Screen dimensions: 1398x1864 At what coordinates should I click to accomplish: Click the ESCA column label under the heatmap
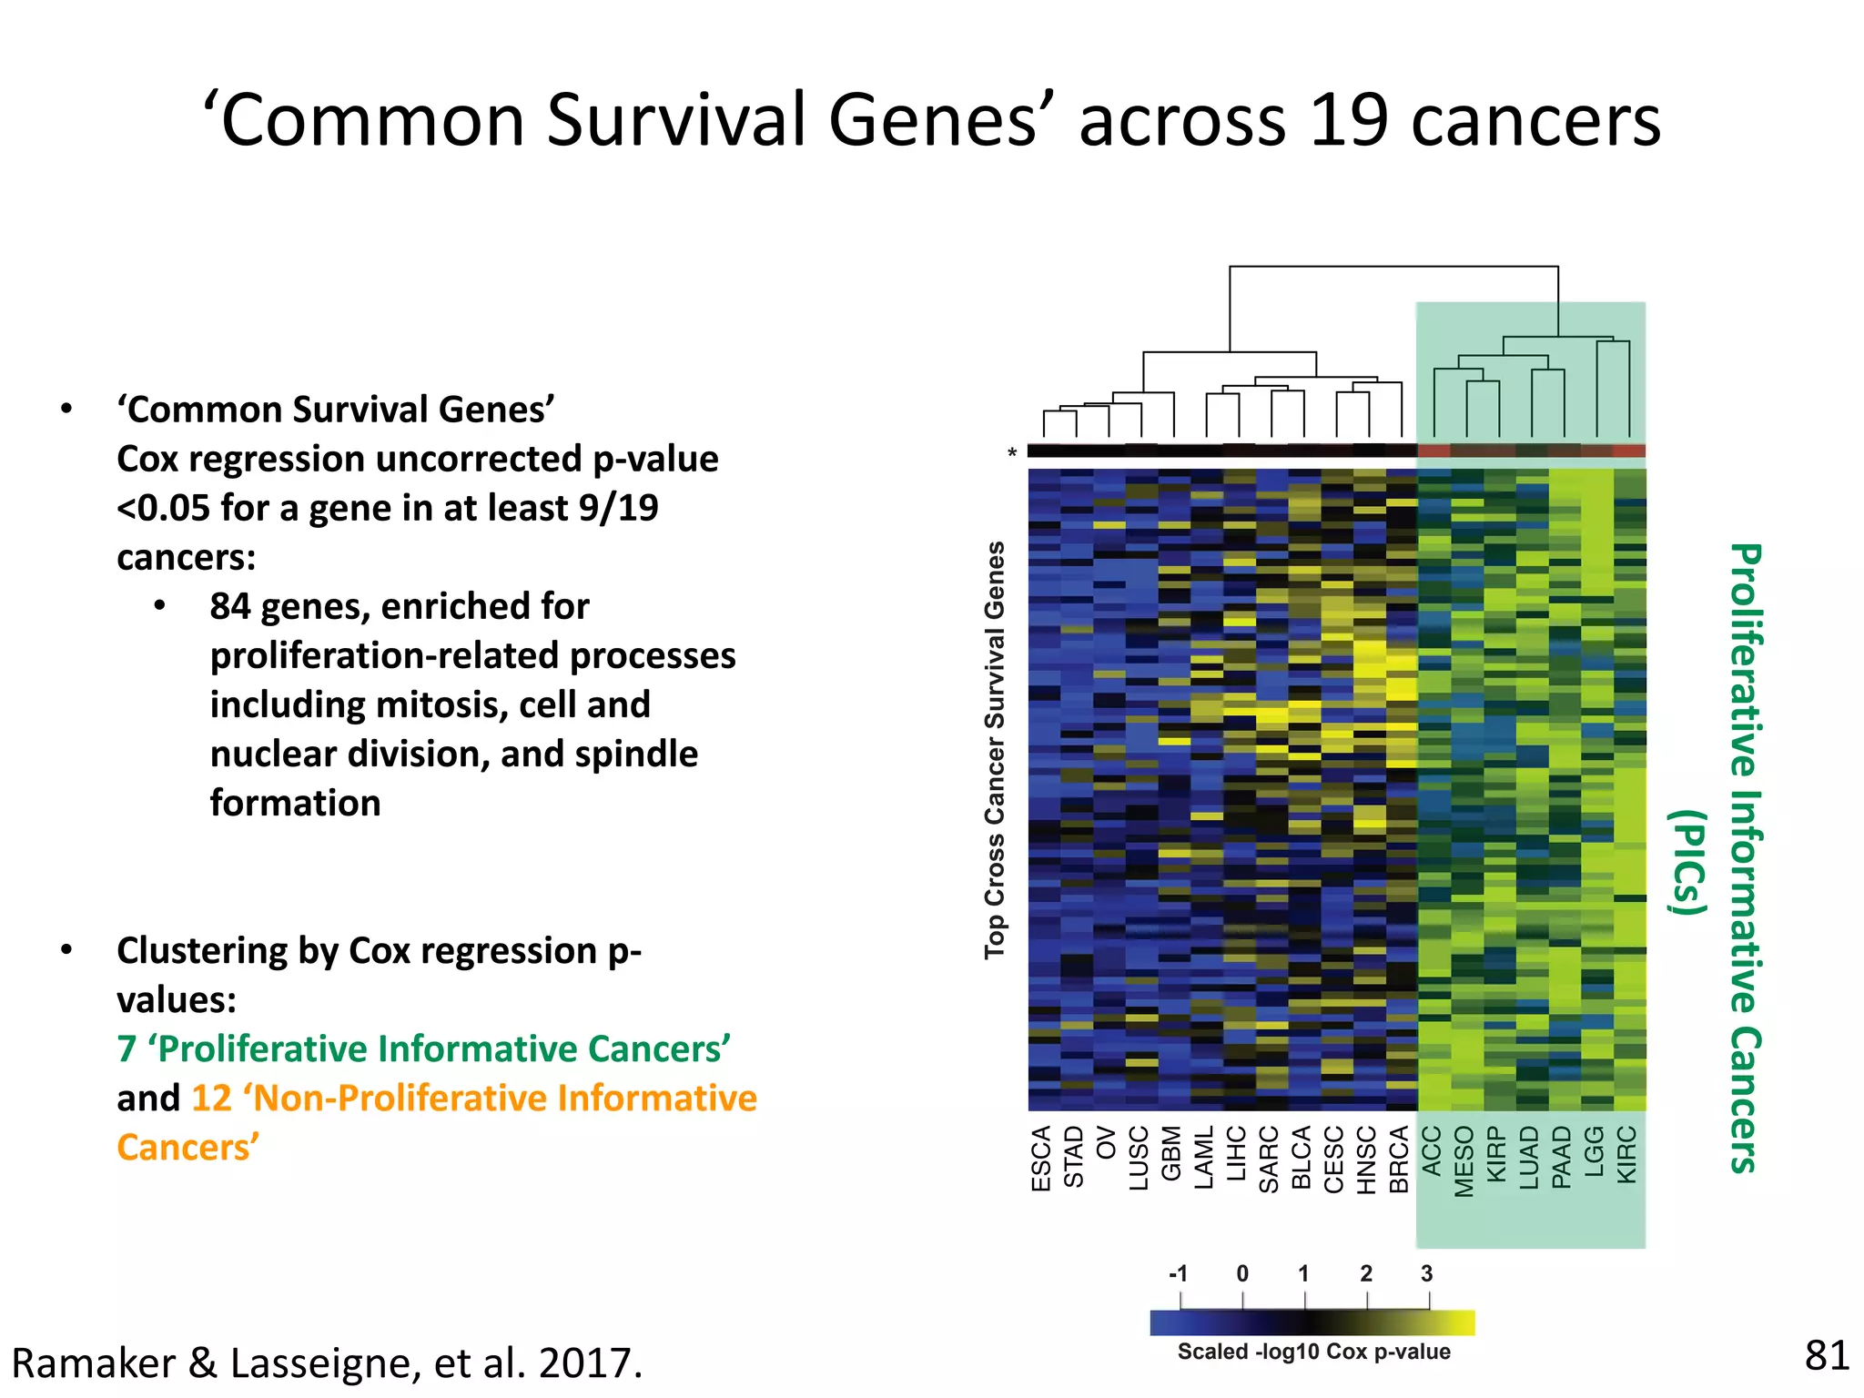tap(1041, 1158)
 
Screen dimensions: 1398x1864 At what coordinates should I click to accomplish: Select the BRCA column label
tap(1399, 1159)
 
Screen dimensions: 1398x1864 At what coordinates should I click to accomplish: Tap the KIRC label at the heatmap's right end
tap(1627, 1154)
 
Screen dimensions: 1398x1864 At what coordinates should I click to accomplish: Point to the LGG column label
tap(1595, 1150)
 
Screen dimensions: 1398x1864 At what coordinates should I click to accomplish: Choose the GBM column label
tap(1171, 1154)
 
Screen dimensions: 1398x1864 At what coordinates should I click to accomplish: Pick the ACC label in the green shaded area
tap(1432, 1150)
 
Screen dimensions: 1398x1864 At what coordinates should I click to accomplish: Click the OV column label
tap(1107, 1142)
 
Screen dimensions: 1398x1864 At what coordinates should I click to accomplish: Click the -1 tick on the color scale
tap(1178, 1273)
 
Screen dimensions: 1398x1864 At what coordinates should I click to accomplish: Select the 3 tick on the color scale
tap(1426, 1273)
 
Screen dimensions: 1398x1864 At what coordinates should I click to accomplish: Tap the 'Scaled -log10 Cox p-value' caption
tap(1313, 1352)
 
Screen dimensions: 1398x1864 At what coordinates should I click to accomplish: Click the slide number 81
tap(1826, 1356)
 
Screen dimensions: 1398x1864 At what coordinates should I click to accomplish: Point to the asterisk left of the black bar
tap(1012, 453)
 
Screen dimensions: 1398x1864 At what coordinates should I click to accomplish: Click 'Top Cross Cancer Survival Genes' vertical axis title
tap(995, 750)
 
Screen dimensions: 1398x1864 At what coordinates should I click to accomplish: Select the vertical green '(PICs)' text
tap(1689, 861)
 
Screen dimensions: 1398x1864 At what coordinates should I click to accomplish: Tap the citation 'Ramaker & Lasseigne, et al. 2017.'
tap(328, 1363)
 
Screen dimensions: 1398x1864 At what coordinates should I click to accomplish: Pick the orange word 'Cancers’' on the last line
tap(188, 1148)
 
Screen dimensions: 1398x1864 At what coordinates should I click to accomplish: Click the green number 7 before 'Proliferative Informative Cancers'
tap(127, 1049)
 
